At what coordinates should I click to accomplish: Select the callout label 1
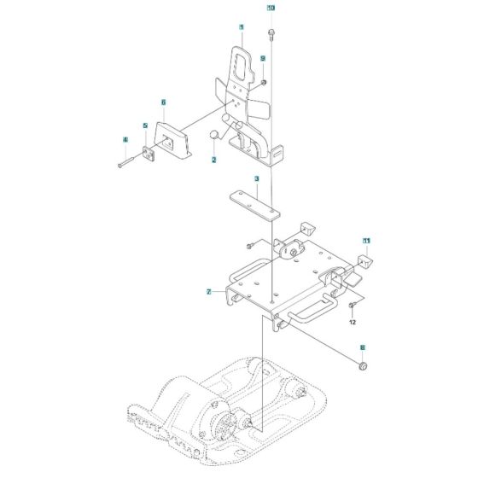tap(242, 27)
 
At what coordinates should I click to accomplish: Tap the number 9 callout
tap(264, 58)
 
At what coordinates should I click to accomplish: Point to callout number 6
tap(163, 102)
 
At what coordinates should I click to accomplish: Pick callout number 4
tap(125, 139)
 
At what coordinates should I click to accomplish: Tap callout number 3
tap(255, 179)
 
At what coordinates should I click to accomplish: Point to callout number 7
tap(208, 292)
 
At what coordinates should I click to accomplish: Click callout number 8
tap(362, 347)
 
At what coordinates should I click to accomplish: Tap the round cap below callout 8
tap(362, 367)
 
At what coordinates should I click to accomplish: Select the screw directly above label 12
tap(352, 305)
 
